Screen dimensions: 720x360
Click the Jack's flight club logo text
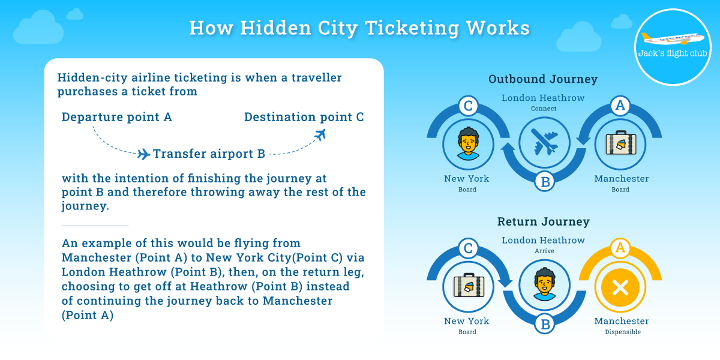pos(673,53)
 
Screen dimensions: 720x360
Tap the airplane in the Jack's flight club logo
pos(673,38)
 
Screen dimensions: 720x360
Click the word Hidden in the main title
pos(275,28)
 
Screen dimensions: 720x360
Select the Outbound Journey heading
pos(543,79)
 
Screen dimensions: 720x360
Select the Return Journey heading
pos(543,221)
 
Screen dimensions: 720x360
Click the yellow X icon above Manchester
pos(620,287)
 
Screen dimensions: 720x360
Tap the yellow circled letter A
pos(620,248)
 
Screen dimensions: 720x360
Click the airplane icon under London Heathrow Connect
pos(545,142)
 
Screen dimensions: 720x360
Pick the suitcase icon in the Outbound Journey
pos(620,143)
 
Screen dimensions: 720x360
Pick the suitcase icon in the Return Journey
pos(469,286)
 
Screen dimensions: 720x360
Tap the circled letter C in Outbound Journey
pos(468,106)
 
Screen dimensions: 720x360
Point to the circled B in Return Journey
pos(545,324)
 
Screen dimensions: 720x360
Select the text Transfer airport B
pos(209,154)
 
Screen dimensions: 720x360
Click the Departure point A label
pos(116,117)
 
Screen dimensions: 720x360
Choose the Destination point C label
pos(304,117)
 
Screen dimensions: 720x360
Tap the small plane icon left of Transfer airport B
pos(143,154)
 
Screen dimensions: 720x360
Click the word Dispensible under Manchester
pos(623,332)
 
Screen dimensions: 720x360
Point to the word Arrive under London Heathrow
pos(544,251)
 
